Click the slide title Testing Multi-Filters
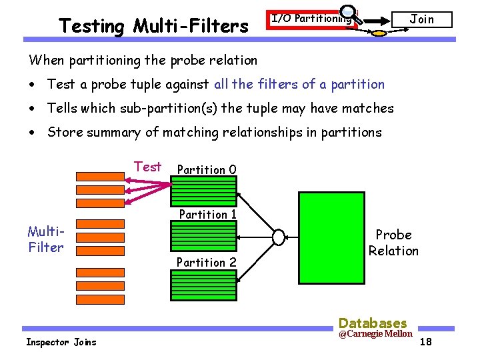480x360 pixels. click(x=153, y=26)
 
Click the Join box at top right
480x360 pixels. click(x=421, y=19)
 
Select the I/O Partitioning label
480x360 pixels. click(x=311, y=19)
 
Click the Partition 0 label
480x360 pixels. click(x=207, y=169)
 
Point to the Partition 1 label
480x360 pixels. click(x=208, y=214)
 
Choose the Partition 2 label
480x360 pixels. click(x=207, y=262)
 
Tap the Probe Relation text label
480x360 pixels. click(x=393, y=243)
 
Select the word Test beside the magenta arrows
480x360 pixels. click(x=147, y=167)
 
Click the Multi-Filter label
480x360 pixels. click(x=46, y=239)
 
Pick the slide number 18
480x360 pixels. click(x=427, y=342)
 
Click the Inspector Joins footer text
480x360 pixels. click(x=61, y=342)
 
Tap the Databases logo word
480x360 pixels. click(x=373, y=323)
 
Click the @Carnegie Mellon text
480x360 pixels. click(x=375, y=333)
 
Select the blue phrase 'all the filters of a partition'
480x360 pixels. click(x=299, y=84)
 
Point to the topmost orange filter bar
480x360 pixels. click(x=100, y=177)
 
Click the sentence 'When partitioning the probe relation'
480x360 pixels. click(x=143, y=60)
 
